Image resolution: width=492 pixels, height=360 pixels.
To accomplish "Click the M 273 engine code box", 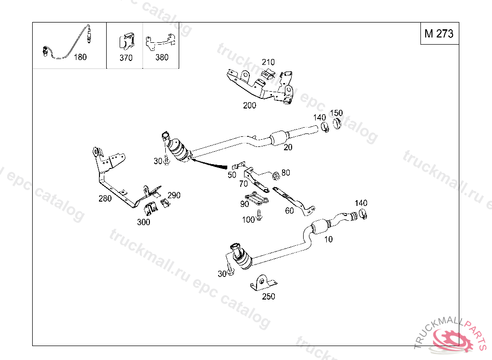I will click(x=439, y=34).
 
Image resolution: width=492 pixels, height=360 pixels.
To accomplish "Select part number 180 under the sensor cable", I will click(x=80, y=57).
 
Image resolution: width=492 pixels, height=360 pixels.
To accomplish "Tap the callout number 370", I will click(x=126, y=58).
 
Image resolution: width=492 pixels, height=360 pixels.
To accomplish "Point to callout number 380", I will click(x=162, y=58).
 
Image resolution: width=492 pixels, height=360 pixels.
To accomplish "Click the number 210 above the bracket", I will click(x=268, y=62).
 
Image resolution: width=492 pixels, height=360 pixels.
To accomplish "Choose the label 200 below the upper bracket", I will click(x=249, y=106).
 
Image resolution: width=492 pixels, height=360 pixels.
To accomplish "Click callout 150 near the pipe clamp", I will click(x=336, y=113).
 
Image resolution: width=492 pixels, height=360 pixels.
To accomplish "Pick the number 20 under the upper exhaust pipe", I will click(x=288, y=147).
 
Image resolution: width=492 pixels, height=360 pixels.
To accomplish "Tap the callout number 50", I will click(x=232, y=175).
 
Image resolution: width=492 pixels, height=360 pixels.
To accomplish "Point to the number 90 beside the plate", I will click(x=245, y=204).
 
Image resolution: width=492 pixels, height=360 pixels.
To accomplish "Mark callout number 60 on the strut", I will click(x=289, y=210).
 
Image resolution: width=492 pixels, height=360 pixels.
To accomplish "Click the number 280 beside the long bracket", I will click(x=105, y=198).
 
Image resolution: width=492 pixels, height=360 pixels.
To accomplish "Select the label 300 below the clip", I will click(x=143, y=222).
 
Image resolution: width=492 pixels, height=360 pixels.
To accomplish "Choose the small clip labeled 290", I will click(x=165, y=204).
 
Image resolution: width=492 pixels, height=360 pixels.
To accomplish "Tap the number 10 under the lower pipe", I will click(x=328, y=239).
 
